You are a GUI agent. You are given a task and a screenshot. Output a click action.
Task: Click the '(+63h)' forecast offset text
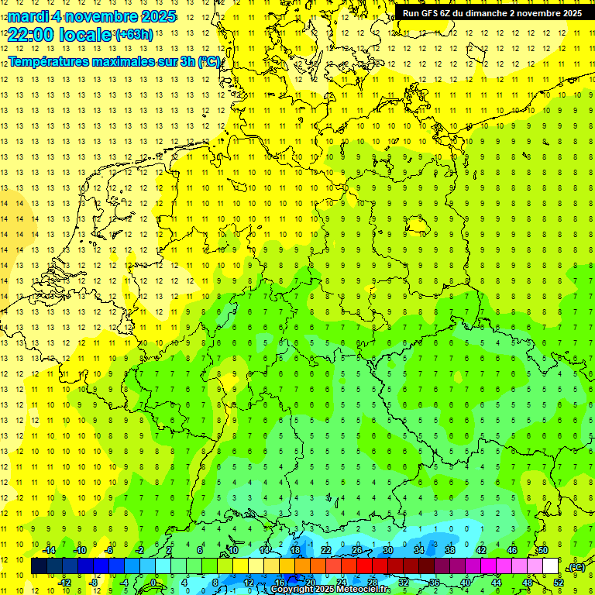pyautogui.click(x=134, y=35)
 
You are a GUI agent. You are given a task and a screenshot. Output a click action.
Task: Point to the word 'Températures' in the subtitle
pyautogui.click(x=47, y=61)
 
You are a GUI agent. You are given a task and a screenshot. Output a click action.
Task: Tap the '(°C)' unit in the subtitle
pyautogui.click(x=208, y=61)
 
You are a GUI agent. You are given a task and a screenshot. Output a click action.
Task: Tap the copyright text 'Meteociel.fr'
pyautogui.click(x=363, y=590)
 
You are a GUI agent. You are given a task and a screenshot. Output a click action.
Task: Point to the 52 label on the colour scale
pyautogui.click(x=559, y=583)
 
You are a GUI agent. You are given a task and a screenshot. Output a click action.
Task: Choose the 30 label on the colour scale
pyautogui.click(x=387, y=550)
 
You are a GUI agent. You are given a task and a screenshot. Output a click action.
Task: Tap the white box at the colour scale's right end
pyautogui.click(x=550, y=566)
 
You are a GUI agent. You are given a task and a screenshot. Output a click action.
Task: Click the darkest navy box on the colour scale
pyautogui.click(x=39, y=566)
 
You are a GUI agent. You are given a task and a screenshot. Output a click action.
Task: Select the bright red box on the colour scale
pyautogui.click(x=364, y=566)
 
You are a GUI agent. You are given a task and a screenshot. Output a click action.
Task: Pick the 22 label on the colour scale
pyautogui.click(x=326, y=550)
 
